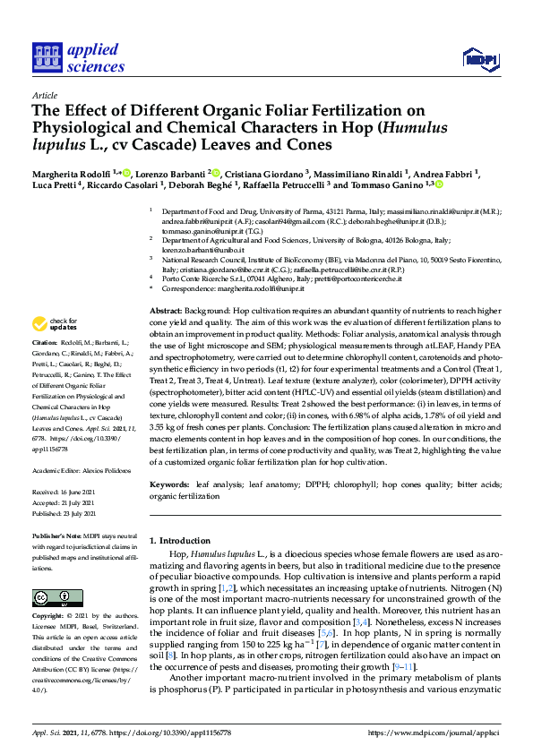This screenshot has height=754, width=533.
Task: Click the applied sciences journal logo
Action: pos(77,57)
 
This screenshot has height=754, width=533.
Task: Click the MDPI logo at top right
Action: pos(480,60)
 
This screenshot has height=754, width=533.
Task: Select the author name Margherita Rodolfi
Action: pos(73,172)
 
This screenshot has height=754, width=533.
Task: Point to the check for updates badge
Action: pos(55,322)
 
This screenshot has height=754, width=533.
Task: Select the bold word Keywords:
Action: pos(171,484)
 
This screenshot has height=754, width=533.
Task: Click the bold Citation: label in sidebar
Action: pos(45,343)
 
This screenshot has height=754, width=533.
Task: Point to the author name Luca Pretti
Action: pos(56,184)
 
